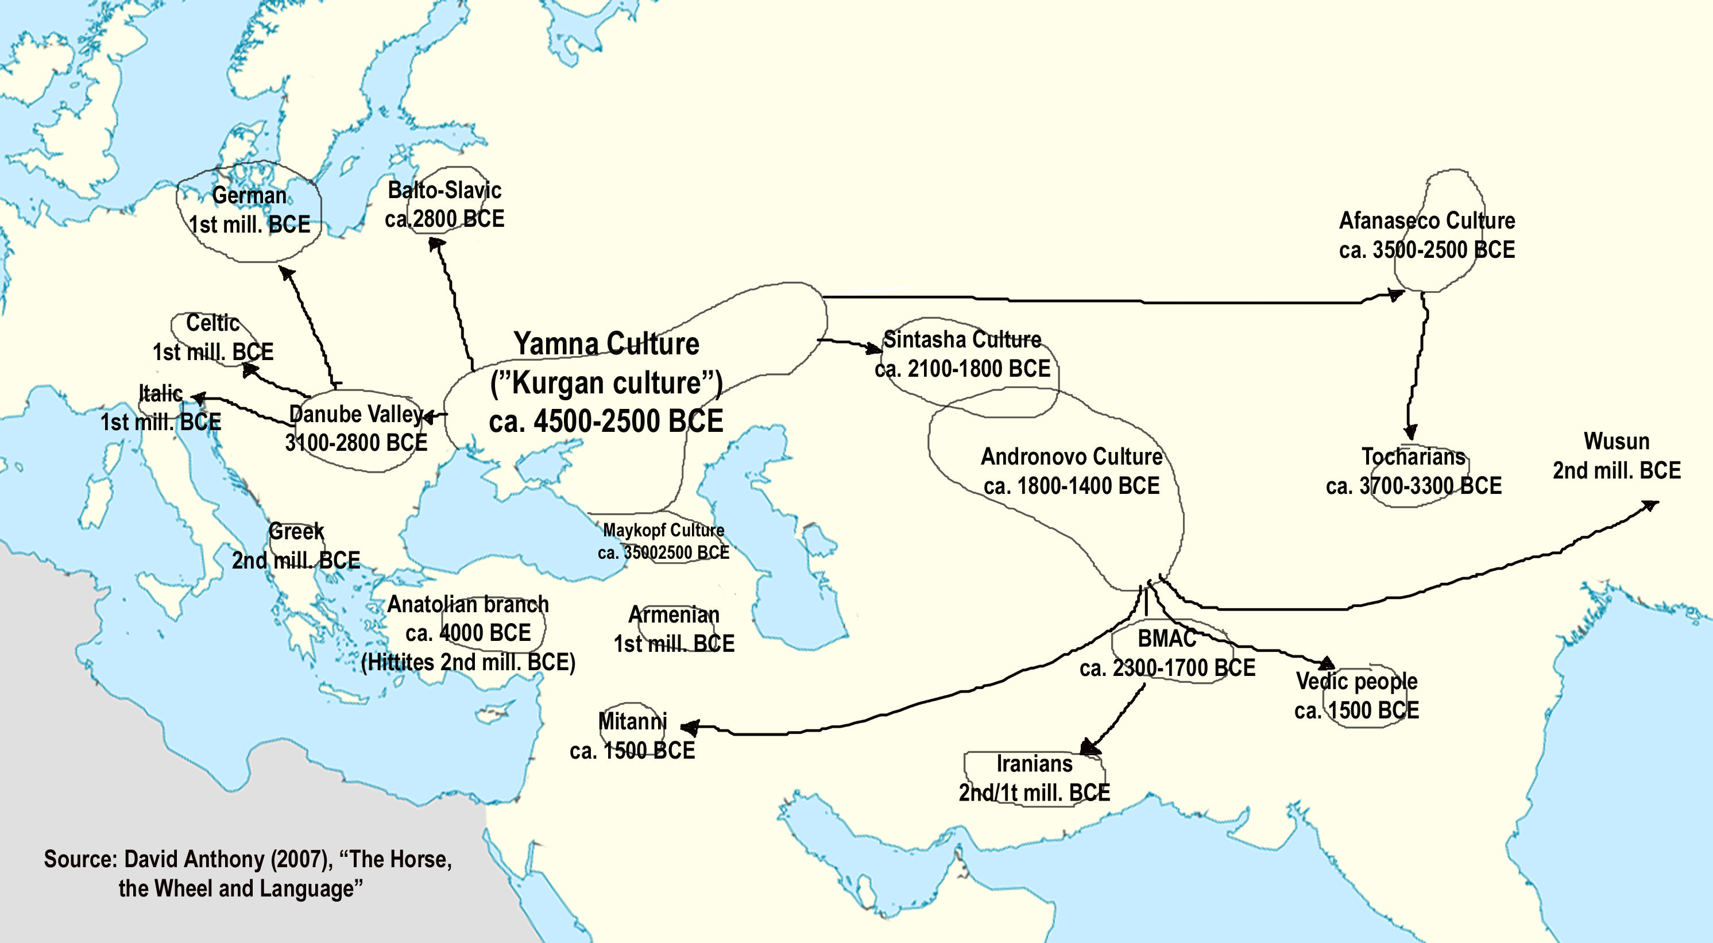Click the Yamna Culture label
click(x=606, y=345)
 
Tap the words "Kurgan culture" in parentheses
click(x=606, y=383)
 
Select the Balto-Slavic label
click(x=444, y=191)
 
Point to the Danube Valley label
click(x=356, y=414)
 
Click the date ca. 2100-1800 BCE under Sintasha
click(x=962, y=369)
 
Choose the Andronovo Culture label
click(x=1072, y=457)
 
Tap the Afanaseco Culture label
click(x=1426, y=221)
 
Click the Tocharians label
click(x=1413, y=457)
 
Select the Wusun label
click(x=1616, y=442)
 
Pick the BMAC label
click(x=1166, y=639)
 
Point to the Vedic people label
click(x=1356, y=682)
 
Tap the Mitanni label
click(x=632, y=721)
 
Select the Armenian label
click(x=674, y=615)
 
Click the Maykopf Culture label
click(x=663, y=531)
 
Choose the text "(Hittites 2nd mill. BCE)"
click(x=468, y=662)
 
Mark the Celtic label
click(x=213, y=323)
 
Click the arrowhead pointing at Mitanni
click(x=689, y=728)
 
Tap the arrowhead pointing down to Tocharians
click(x=1410, y=432)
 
